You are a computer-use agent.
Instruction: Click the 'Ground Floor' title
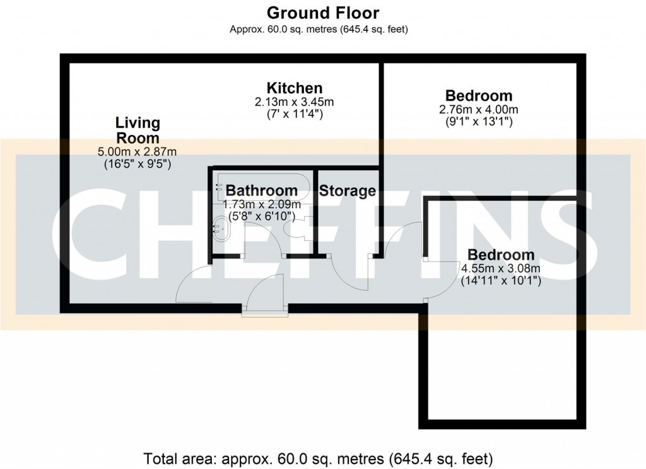pos(322,12)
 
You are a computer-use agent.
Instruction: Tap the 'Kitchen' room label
pos(294,88)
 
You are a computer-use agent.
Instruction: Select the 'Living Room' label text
pos(137,130)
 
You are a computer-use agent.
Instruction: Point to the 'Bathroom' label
pos(262,190)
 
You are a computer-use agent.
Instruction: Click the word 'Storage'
pos(348,190)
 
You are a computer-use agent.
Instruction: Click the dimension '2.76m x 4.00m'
pos(479,110)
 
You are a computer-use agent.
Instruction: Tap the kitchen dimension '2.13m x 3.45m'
pos(294,102)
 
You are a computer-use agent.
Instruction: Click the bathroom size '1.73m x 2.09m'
pos(262,204)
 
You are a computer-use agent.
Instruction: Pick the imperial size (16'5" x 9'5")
pos(137,164)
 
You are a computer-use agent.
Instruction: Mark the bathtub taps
pos(218,186)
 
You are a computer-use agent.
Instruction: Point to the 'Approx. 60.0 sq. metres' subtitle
pos(322,29)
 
